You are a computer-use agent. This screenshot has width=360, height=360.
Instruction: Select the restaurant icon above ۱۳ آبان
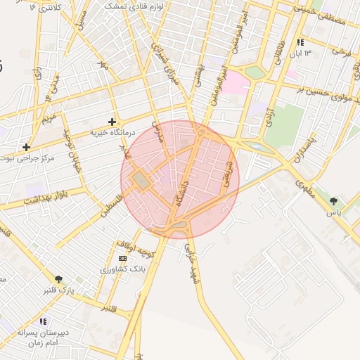point(301,42)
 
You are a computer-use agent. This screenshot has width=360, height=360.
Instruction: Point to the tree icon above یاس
point(333,201)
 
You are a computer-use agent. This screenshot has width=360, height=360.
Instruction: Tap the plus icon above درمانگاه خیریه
point(112,122)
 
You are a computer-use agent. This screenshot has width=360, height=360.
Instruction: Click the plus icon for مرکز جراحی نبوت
point(26,147)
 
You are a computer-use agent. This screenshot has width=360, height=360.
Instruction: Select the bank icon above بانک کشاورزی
point(123,258)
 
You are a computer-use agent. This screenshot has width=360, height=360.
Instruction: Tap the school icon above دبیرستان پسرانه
point(33,321)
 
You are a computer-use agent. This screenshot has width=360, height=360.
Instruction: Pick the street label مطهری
point(304,186)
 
